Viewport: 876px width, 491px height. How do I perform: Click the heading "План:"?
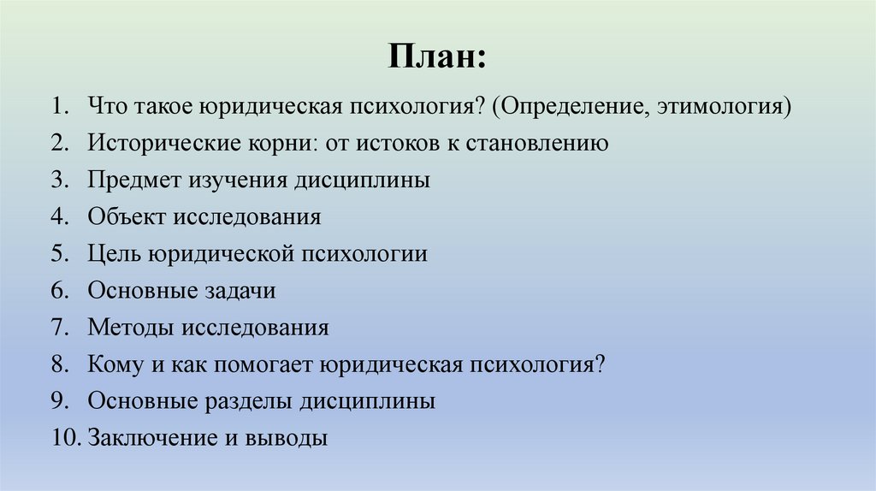[x=437, y=58]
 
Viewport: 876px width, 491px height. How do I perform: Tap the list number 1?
[x=58, y=107]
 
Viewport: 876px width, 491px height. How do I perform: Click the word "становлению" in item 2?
[x=537, y=144]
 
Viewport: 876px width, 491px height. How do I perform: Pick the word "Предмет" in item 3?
[x=128, y=180]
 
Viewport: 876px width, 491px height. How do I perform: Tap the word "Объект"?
[x=126, y=217]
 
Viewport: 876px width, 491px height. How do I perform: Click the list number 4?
[x=58, y=217]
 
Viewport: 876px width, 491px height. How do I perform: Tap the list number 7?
[x=58, y=328]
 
